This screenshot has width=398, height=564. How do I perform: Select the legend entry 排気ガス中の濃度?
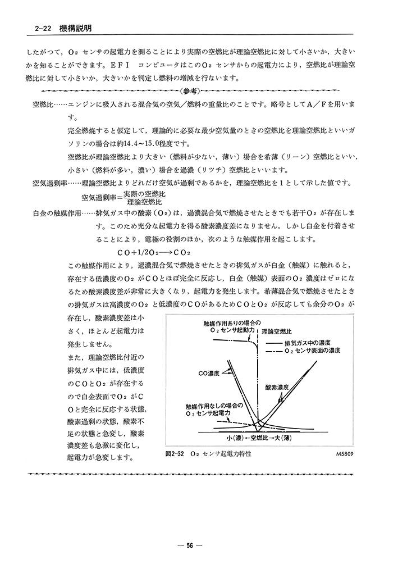point(308,342)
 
